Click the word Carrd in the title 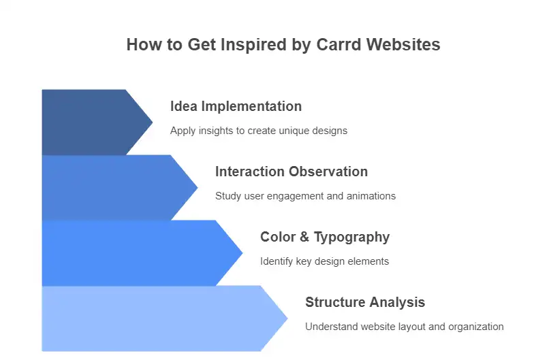tap(339, 45)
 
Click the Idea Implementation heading tap(236, 106)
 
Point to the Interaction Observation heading tap(292, 171)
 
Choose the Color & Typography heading tap(325, 238)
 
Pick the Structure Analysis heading tap(365, 303)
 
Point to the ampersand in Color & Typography tap(304, 237)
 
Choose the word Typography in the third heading tap(351, 238)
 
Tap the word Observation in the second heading tap(328, 171)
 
